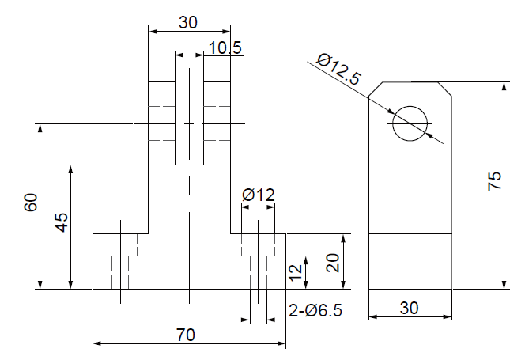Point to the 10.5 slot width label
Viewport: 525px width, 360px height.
[225, 48]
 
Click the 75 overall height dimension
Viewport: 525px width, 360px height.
[495, 182]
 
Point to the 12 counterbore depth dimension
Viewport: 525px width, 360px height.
[295, 273]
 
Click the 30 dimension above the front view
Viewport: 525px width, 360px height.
[187, 22]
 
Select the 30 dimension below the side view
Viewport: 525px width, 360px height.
[409, 309]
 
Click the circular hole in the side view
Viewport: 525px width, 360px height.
[409, 123]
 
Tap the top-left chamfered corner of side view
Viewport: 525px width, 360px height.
[376, 89]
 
